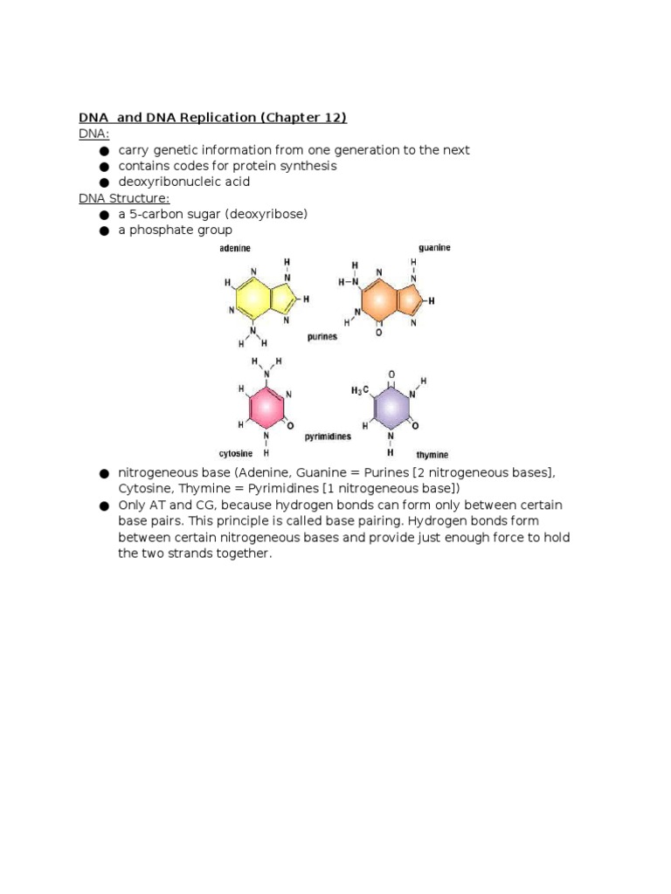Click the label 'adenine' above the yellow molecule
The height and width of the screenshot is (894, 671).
[234, 249]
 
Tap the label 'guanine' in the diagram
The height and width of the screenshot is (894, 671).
[434, 248]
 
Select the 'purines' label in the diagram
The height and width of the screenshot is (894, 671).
[322, 336]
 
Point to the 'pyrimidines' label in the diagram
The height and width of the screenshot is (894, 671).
[328, 435]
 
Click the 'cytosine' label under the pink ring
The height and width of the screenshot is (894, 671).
[235, 454]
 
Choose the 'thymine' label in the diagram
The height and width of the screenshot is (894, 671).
[432, 455]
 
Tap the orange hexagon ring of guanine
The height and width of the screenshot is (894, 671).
[378, 301]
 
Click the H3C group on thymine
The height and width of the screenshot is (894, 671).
[360, 391]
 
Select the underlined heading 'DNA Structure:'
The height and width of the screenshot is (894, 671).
[124, 198]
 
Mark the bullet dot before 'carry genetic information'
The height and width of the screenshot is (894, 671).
[104, 151]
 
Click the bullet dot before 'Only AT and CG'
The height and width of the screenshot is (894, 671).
[104, 506]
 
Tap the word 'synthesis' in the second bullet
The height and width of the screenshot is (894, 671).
[309, 166]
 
